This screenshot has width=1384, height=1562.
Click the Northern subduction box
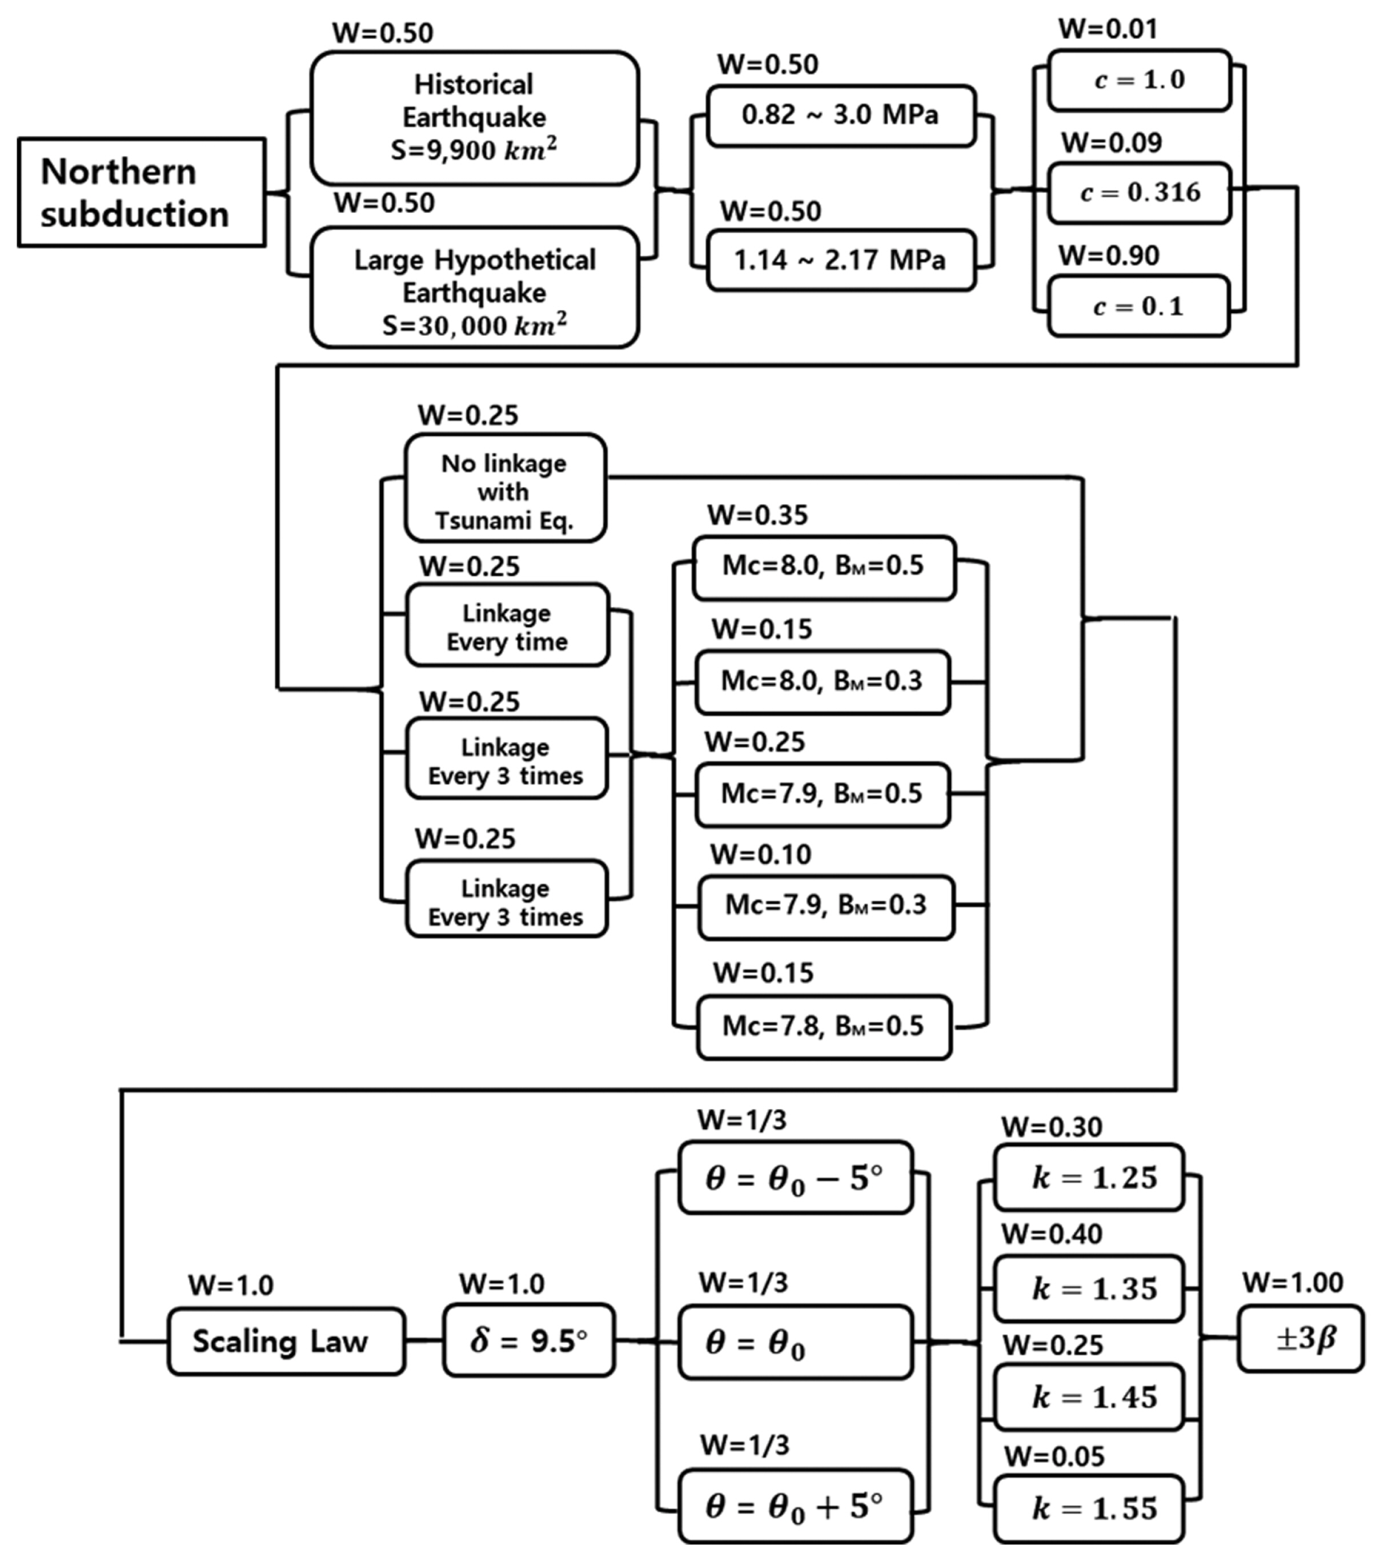(x=142, y=192)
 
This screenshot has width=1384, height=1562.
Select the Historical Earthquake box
(x=474, y=118)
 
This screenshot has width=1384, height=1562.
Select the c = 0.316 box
(x=1139, y=192)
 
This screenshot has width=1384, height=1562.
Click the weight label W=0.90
(x=1109, y=256)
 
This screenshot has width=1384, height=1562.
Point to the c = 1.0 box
(x=1139, y=80)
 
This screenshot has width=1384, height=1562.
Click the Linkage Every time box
(x=507, y=627)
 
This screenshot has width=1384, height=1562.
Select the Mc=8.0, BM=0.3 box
(x=823, y=681)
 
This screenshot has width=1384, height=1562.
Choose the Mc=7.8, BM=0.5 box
(x=823, y=1026)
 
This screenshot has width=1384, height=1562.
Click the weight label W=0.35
(x=757, y=515)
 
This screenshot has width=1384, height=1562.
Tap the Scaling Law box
(x=285, y=1341)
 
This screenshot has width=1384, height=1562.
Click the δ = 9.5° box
(x=528, y=1341)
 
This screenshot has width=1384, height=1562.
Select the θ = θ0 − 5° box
(x=795, y=1178)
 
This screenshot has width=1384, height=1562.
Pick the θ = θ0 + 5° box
(x=795, y=1505)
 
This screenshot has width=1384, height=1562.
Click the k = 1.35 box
(x=1088, y=1289)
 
